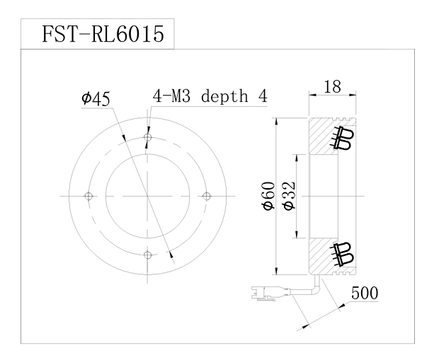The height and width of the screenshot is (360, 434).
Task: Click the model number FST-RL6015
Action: coord(103,34)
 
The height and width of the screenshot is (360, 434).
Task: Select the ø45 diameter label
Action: coord(96,99)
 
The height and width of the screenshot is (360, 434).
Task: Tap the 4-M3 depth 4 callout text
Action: coord(210,96)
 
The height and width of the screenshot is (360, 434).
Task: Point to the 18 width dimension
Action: coord(332,87)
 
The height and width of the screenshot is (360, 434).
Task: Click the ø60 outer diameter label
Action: coord(269,196)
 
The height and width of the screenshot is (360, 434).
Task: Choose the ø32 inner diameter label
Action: coord(289,196)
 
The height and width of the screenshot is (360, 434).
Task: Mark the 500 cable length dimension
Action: coord(365,293)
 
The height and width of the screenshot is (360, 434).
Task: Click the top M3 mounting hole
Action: coord(148,137)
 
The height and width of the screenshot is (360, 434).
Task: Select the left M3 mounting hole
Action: coord(88,196)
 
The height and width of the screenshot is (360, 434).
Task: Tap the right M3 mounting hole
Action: coord(207,196)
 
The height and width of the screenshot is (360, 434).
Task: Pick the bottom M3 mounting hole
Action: coord(148,255)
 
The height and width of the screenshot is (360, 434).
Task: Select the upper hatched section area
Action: coord(321,136)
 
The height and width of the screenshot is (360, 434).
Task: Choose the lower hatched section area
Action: coord(321,256)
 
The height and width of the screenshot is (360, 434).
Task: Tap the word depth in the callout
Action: coord(224,97)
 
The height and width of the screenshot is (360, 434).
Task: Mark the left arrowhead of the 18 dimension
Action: coord(312,95)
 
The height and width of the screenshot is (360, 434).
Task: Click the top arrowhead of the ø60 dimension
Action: coord(275,122)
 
